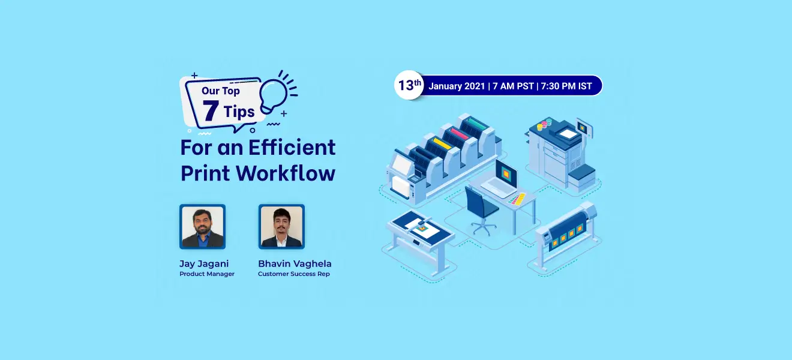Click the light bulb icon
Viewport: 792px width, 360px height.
pyautogui.click(x=272, y=95)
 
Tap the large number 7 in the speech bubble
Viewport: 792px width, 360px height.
pyautogui.click(x=210, y=111)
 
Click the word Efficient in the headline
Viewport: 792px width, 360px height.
pyautogui.click(x=292, y=148)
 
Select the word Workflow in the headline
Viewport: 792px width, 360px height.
pyautogui.click(x=286, y=173)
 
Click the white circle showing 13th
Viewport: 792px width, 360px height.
pyautogui.click(x=409, y=85)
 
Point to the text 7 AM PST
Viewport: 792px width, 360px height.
pyautogui.click(x=513, y=86)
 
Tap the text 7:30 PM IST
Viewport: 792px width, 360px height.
pyautogui.click(x=566, y=86)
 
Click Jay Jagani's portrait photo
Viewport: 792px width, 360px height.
pyautogui.click(x=203, y=227)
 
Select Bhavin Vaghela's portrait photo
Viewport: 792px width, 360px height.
pyautogui.click(x=281, y=227)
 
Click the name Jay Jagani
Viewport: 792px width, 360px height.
pyautogui.click(x=204, y=264)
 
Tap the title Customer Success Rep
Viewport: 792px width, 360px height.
pyautogui.click(x=294, y=274)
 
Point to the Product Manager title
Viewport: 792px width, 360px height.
pyautogui.click(x=207, y=274)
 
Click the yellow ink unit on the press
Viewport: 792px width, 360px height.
pyautogui.click(x=442, y=143)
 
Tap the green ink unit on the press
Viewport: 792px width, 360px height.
pyautogui.click(x=478, y=124)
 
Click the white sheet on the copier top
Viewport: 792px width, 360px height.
pyautogui.click(x=568, y=134)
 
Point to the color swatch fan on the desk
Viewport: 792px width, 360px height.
pyautogui.click(x=517, y=199)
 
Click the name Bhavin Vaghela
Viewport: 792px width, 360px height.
pyautogui.click(x=295, y=264)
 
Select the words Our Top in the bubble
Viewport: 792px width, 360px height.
pyautogui.click(x=221, y=91)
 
